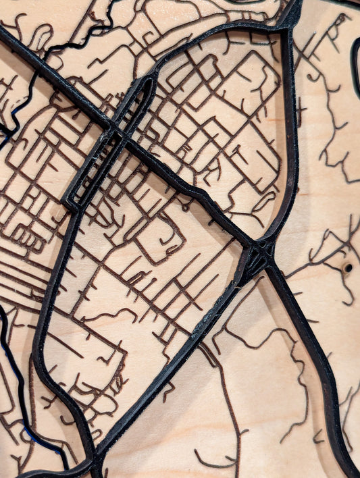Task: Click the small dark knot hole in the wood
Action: pos(348,268)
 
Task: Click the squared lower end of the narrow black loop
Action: pos(71,202)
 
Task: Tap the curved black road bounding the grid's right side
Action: pos(292,149)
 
